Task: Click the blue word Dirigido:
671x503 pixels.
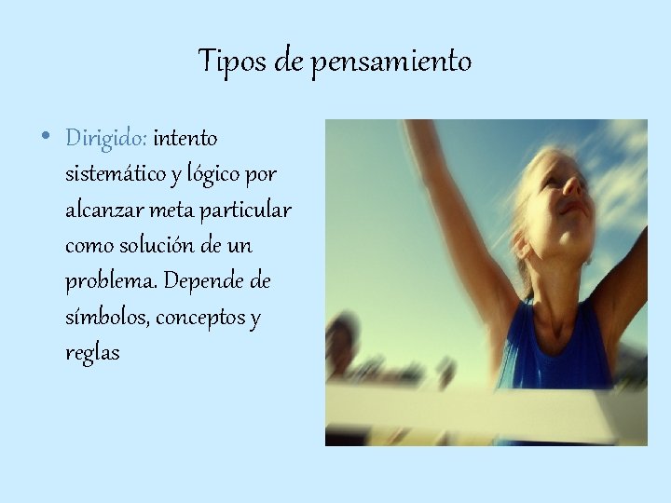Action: click(x=106, y=139)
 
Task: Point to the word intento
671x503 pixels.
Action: click(x=185, y=139)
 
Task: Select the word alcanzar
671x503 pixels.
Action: click(x=100, y=211)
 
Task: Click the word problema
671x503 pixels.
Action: click(x=103, y=282)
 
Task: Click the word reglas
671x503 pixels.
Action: click(x=93, y=354)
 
